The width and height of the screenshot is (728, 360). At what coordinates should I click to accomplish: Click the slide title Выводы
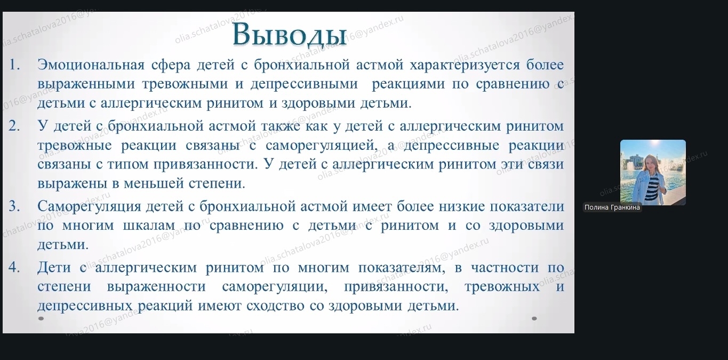[x=290, y=34]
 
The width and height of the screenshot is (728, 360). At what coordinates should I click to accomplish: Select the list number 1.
[x=14, y=65]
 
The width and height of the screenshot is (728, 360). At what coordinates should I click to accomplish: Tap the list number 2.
[x=14, y=126]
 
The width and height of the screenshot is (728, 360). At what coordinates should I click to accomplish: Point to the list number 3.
[x=14, y=206]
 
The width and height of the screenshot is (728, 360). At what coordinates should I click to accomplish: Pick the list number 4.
[x=14, y=267]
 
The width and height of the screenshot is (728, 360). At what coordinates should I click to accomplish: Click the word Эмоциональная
[x=91, y=65]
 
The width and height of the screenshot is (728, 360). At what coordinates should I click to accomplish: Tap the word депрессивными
[x=304, y=84]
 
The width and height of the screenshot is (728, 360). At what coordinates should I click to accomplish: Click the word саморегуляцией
[x=322, y=145]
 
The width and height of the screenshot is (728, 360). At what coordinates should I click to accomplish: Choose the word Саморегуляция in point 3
[x=90, y=206]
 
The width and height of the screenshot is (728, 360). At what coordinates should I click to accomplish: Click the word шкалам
[x=149, y=226]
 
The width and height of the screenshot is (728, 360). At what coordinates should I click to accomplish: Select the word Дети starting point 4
[x=54, y=267]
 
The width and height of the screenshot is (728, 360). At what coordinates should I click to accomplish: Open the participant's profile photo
[x=653, y=172]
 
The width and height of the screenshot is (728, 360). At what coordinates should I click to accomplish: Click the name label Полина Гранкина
[x=612, y=207]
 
